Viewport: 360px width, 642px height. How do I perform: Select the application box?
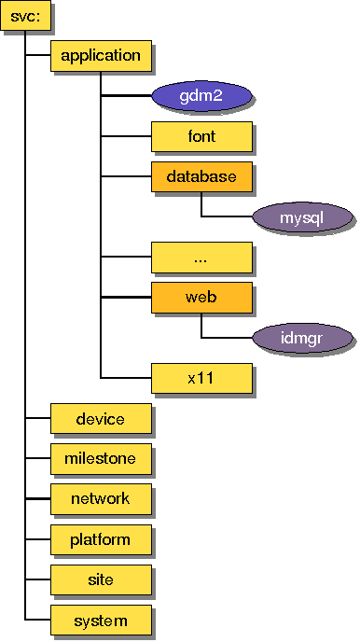click(100, 56)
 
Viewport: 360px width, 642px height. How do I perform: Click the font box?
click(201, 136)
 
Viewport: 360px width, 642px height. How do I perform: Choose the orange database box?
click(201, 176)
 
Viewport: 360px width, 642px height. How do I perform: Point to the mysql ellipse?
click(302, 218)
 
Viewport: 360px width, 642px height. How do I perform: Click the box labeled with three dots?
click(201, 257)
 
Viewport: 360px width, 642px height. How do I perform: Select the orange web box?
click(201, 298)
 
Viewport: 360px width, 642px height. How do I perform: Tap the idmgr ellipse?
click(302, 338)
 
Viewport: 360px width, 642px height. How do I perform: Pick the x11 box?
click(201, 378)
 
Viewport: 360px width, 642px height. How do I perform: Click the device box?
click(100, 419)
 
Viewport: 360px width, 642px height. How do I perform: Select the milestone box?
click(100, 458)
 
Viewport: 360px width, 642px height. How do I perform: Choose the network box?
click(100, 499)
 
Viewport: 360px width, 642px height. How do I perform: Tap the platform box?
click(100, 539)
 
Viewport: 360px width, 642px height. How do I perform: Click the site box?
click(100, 579)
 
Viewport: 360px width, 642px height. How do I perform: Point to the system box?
click(100, 621)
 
